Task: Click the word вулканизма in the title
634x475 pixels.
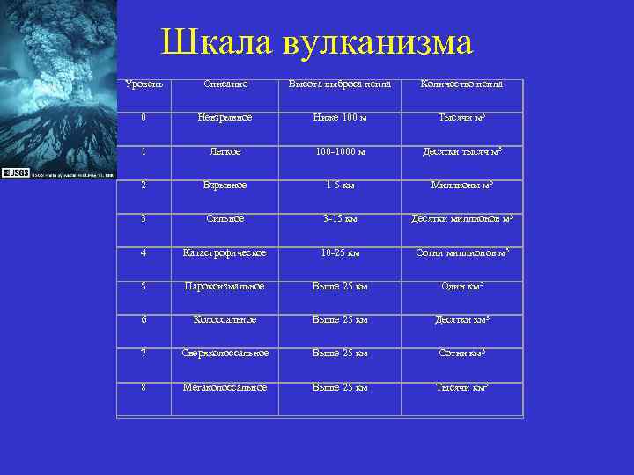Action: pyautogui.click(x=379, y=42)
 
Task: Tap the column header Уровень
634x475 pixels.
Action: pyautogui.click(x=144, y=84)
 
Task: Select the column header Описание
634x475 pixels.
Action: pyautogui.click(x=225, y=84)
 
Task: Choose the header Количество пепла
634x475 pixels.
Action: pyautogui.click(x=462, y=84)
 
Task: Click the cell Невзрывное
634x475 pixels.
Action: pyautogui.click(x=225, y=117)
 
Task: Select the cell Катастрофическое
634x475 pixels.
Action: pyautogui.click(x=225, y=252)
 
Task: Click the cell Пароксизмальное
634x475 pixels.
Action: pyautogui.click(x=225, y=286)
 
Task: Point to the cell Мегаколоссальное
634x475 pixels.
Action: pyautogui.click(x=225, y=387)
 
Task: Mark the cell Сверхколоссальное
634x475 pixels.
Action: pyautogui.click(x=225, y=354)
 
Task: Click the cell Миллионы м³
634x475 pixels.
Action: pyautogui.click(x=462, y=185)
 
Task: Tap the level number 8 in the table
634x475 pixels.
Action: pyautogui.click(x=144, y=387)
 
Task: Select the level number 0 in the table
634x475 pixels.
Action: pyautogui.click(x=144, y=117)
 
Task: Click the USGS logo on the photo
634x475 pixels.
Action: pyautogui.click(x=15, y=173)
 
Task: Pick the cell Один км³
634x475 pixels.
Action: pyautogui.click(x=462, y=286)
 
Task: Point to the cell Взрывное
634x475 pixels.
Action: pyautogui.click(x=225, y=185)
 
